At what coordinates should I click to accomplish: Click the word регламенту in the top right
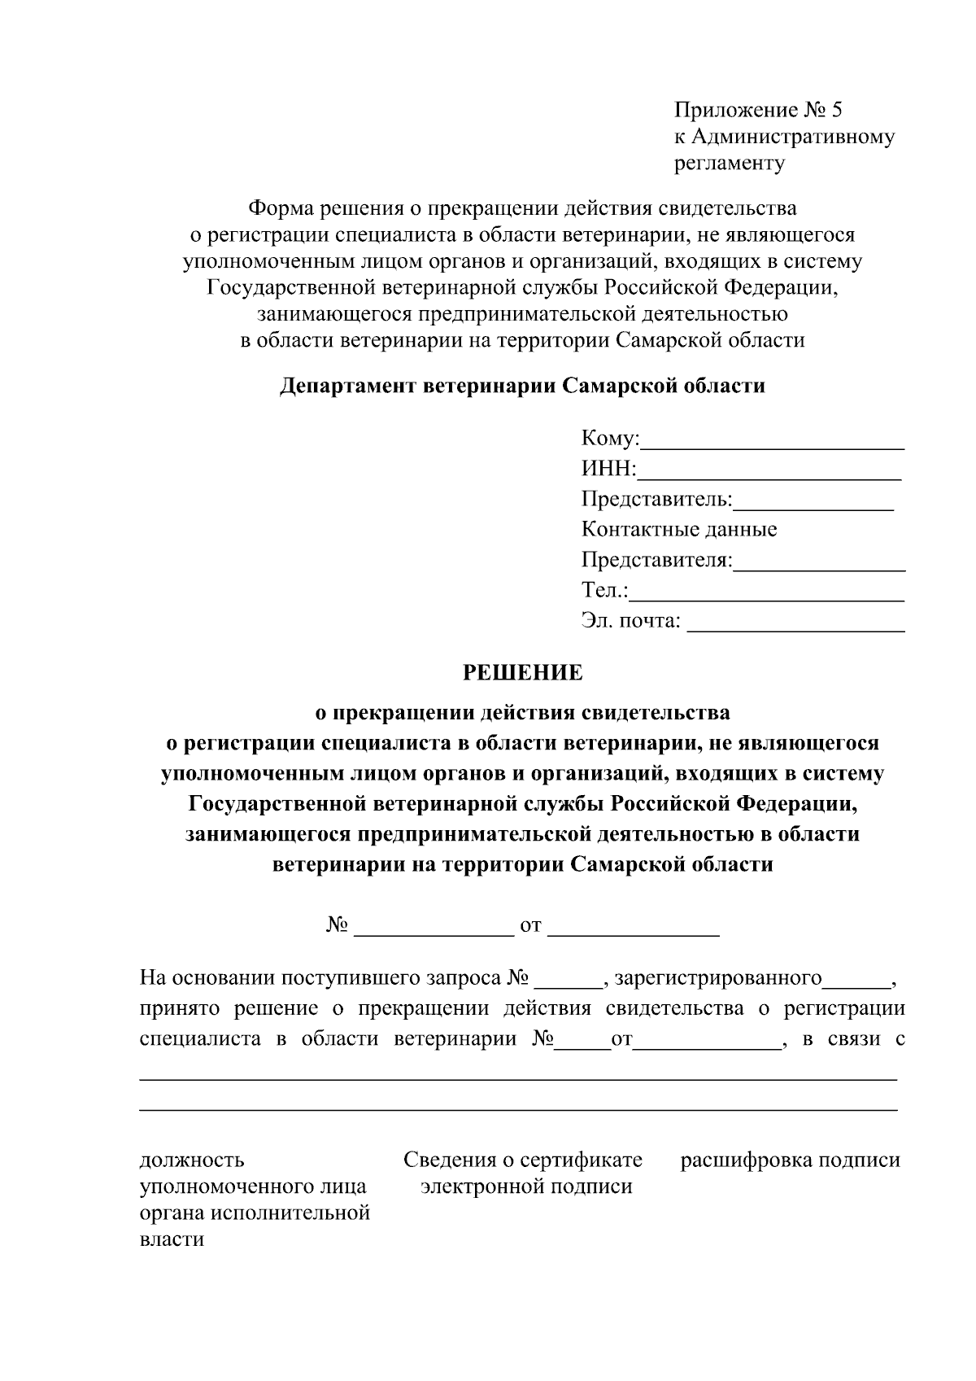(730, 164)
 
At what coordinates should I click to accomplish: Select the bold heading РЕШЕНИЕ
(522, 673)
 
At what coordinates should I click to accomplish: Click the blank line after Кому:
(773, 444)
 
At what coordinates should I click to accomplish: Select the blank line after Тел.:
(767, 597)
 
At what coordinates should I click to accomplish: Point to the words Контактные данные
(679, 530)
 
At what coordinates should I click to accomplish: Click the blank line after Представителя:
(819, 566)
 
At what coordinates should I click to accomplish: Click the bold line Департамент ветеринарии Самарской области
(522, 386)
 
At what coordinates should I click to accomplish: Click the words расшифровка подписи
(790, 1160)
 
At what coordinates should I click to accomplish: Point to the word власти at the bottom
(172, 1240)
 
